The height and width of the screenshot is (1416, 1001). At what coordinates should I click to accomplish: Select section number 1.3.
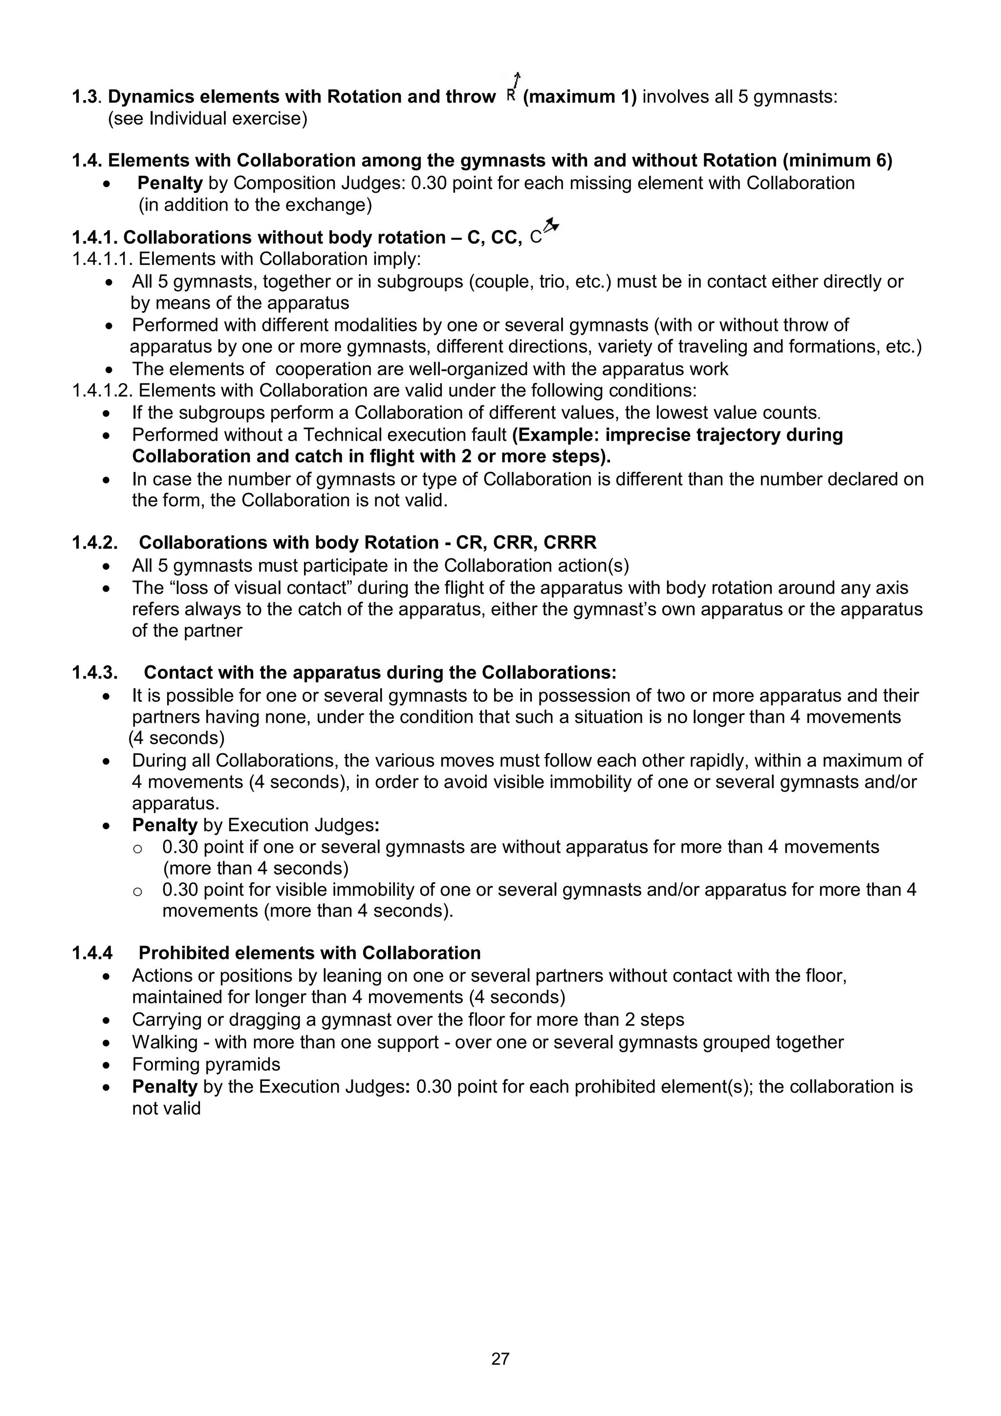pyautogui.click(x=87, y=97)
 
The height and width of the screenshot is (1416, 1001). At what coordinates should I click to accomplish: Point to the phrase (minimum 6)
pyautogui.click(x=838, y=160)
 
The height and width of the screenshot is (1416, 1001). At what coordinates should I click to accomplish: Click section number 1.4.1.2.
pyautogui.click(x=102, y=390)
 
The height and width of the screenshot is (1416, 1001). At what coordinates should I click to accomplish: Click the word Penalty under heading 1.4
pyautogui.click(x=170, y=183)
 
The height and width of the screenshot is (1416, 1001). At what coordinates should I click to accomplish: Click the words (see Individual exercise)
pyautogui.click(x=207, y=118)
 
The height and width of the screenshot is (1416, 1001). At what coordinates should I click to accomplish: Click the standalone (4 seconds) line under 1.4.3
pyautogui.click(x=176, y=738)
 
